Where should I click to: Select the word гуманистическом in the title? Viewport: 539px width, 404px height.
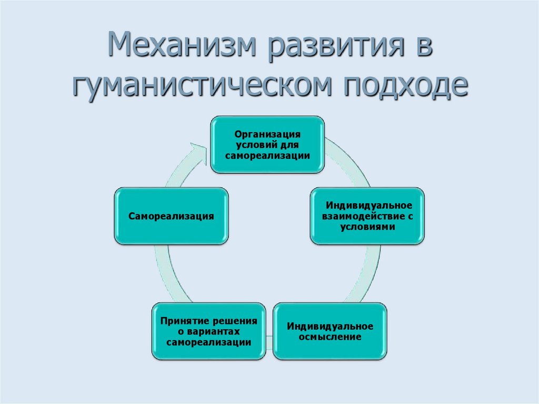point(202,84)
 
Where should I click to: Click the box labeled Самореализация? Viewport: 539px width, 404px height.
point(172,216)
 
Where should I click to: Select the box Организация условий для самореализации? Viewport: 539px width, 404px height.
point(267,144)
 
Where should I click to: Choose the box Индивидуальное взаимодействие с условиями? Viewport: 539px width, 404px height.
point(367,215)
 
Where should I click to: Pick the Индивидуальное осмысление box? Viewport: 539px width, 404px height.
point(330,331)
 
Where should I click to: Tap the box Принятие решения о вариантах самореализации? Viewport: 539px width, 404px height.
point(208,331)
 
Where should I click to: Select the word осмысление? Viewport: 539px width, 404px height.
point(330,337)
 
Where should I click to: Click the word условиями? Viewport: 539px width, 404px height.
point(367,226)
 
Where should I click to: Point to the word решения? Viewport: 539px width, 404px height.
point(233,321)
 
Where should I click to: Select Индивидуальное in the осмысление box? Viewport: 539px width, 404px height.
point(330,326)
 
